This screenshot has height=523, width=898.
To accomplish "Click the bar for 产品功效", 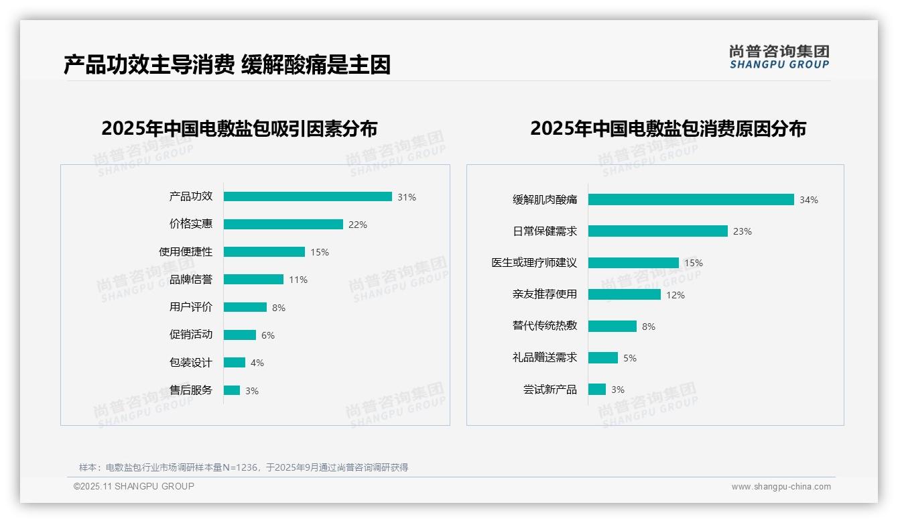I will (x=308, y=196).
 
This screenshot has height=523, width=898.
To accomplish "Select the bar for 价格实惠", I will (x=283, y=225).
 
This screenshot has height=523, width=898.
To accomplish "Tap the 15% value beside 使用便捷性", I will (x=319, y=252).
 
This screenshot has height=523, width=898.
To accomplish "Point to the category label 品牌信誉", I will (x=190, y=280).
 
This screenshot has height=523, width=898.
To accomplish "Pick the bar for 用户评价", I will (x=245, y=307).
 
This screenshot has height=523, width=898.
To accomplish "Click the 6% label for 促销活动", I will (x=268, y=335).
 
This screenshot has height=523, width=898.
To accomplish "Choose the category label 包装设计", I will (x=190, y=363).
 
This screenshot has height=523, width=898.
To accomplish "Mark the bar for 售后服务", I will (x=232, y=390).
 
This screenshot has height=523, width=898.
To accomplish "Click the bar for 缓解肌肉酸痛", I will (x=691, y=199).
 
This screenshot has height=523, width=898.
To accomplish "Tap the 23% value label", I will (x=742, y=231).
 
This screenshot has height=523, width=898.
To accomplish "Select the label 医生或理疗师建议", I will (x=534, y=263).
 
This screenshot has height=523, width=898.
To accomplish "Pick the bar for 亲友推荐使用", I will (x=625, y=294).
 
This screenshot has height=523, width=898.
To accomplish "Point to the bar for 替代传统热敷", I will (x=613, y=326).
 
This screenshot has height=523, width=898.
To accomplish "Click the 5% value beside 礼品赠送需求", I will (x=630, y=358).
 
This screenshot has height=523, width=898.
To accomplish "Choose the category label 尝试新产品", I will (x=550, y=390).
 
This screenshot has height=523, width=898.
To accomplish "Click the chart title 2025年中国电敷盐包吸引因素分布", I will (x=239, y=128).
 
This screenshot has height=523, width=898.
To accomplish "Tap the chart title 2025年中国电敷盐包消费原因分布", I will (x=668, y=128).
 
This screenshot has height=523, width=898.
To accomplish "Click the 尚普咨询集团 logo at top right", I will (x=779, y=56).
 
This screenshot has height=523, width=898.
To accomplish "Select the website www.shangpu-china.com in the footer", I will (x=781, y=487).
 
